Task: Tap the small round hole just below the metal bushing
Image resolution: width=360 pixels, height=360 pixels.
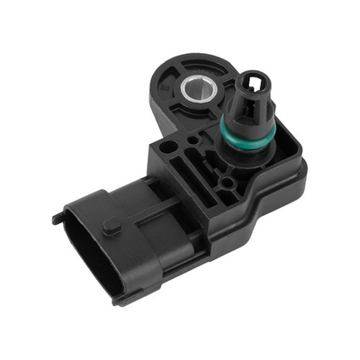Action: pyautogui.click(x=190, y=131)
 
